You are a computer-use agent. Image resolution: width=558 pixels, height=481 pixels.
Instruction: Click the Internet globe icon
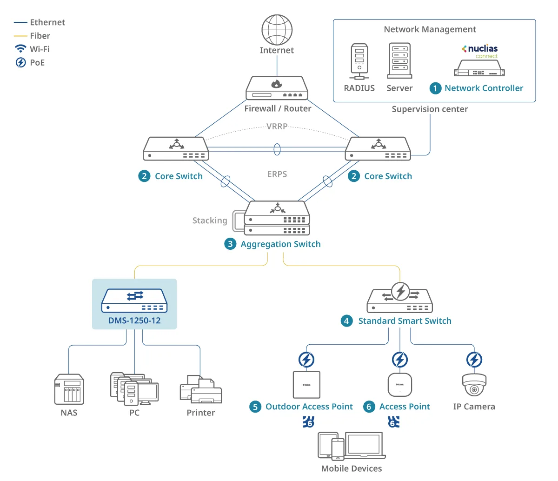277,30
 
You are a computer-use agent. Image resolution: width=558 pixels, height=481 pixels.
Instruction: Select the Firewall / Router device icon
277,88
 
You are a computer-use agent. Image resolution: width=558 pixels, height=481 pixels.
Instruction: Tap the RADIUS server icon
359,61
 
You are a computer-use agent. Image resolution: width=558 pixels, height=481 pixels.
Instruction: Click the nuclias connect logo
480,52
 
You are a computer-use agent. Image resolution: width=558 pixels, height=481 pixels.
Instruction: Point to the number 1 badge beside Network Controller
435,88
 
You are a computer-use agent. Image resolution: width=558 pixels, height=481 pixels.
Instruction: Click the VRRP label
277,127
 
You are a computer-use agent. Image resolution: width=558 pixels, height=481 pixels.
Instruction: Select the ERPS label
277,174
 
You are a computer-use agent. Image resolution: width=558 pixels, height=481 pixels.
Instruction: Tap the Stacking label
210,220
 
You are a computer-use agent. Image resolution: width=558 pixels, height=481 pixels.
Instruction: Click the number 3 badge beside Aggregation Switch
230,244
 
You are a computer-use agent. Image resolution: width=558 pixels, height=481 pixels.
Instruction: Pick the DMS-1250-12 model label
134,321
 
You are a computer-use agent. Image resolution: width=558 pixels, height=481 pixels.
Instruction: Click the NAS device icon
69,389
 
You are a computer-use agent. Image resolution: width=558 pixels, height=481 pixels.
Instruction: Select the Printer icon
200,389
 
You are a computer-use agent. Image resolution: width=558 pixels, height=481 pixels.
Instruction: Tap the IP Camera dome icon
474,385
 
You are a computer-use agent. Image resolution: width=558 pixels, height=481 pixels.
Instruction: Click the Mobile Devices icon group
352,446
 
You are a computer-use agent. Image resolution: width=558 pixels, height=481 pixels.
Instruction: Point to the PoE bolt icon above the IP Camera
474,360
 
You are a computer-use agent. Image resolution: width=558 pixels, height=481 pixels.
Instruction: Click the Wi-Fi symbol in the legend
20,49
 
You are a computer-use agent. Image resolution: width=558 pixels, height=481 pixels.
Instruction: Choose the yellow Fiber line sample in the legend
20,36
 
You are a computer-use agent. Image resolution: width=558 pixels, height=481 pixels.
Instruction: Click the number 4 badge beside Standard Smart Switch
346,321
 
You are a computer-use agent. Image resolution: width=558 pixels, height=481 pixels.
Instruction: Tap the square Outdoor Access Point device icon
306,385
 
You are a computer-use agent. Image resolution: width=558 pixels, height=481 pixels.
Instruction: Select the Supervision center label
430,109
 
